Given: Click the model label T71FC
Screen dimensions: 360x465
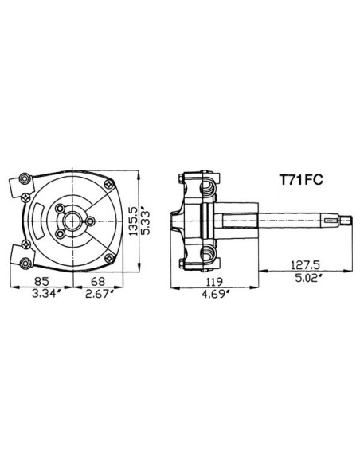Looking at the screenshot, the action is [x=301, y=180].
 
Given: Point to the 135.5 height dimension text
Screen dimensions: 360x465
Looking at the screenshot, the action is [x=134, y=221].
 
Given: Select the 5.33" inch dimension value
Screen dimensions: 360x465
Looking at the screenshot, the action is [x=145, y=221].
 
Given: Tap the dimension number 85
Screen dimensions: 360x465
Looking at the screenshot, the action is [x=41, y=281].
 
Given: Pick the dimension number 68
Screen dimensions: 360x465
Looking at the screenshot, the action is [x=98, y=281].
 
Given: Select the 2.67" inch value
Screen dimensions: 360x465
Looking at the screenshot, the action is [x=100, y=294].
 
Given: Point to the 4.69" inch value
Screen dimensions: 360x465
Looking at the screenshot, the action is [x=216, y=294].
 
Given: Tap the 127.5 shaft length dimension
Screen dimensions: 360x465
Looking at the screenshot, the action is [x=305, y=265].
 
